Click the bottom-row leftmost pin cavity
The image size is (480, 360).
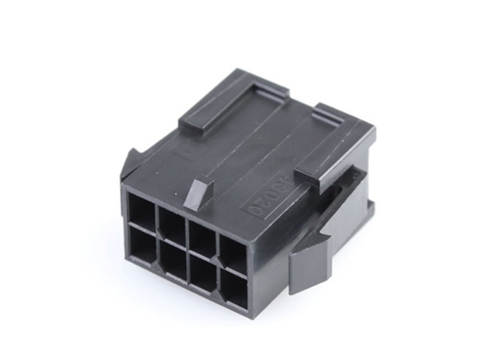(142, 246)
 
